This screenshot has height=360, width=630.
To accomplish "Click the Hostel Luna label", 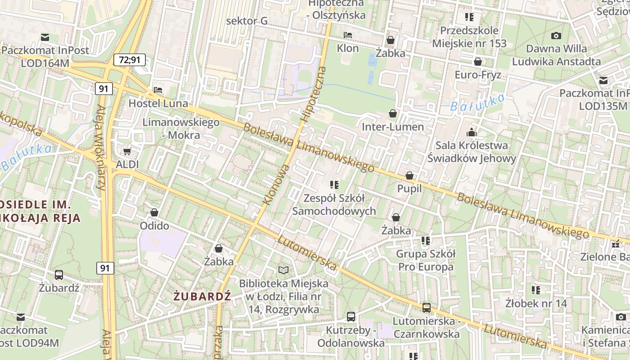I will point(158,103).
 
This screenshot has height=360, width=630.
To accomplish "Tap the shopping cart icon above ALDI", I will point(127,151).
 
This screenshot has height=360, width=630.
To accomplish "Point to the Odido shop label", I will point(154,225).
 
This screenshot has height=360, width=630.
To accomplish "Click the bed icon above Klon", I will point(348,35).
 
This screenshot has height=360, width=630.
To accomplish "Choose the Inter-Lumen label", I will point(393,127).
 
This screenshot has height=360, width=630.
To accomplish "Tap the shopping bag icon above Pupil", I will point(409,175).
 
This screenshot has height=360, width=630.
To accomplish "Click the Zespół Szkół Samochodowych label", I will point(334,204).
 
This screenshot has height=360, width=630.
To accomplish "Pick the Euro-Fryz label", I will point(478,75).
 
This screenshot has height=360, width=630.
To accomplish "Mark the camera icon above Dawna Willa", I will point(556,36).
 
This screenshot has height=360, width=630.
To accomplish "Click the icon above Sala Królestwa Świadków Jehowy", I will point(472,132).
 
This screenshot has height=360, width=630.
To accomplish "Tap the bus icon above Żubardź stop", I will point(58,275).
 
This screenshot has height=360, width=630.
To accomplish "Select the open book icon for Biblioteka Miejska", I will point(283,270).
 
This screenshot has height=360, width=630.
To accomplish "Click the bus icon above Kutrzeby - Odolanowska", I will point(351,317).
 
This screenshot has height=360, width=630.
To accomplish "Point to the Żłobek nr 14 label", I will point(535,303).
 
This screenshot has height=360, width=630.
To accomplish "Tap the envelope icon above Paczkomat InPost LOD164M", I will point(45,37).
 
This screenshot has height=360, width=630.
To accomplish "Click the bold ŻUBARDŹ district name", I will point(202,296).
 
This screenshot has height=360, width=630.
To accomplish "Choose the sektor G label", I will point(247,21).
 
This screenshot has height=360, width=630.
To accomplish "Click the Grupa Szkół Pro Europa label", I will point(425,260).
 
